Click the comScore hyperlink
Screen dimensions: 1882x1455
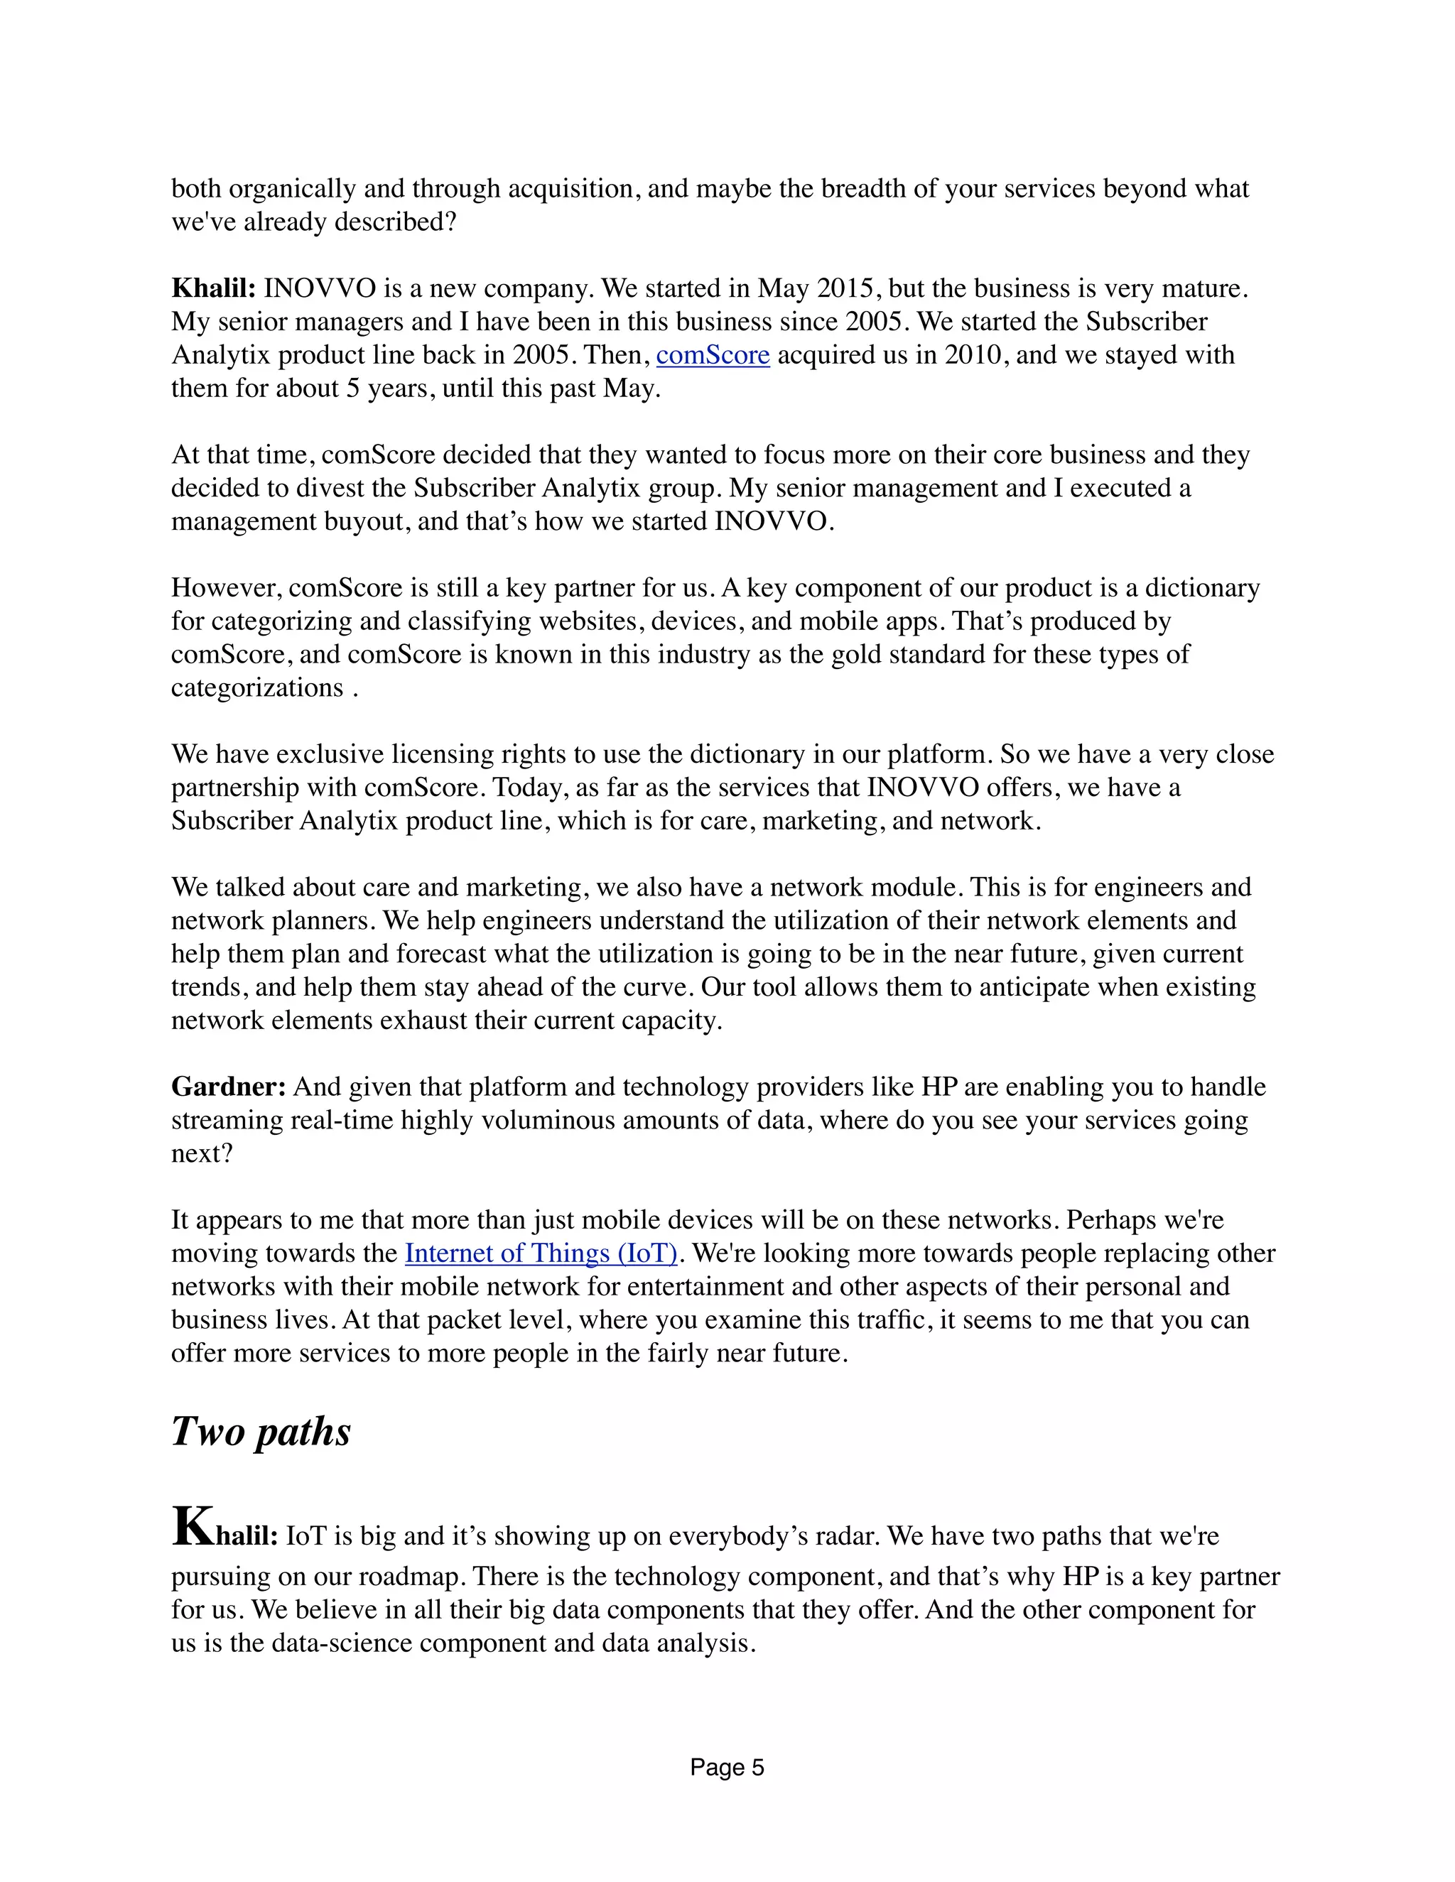(x=712, y=355)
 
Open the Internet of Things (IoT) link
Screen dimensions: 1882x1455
(x=541, y=1253)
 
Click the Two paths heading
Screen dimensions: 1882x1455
(x=260, y=1431)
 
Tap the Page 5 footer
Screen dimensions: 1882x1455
(x=727, y=1768)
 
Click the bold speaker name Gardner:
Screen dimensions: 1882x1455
(x=229, y=1087)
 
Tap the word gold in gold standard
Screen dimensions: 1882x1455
(x=856, y=654)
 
